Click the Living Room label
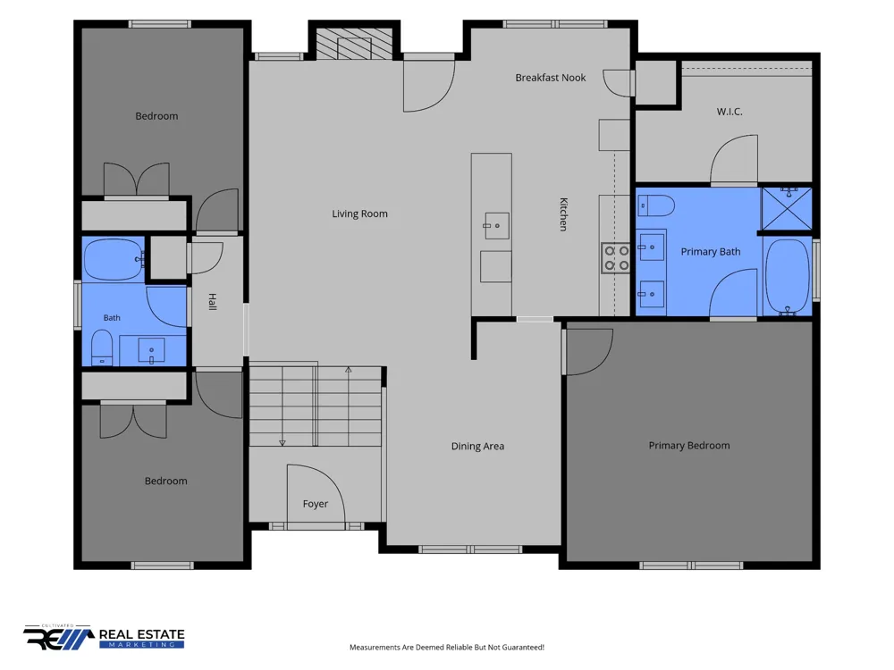pyautogui.click(x=359, y=214)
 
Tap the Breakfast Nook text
pyautogui.click(x=550, y=78)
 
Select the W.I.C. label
pyautogui.click(x=730, y=112)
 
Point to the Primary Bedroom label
pyautogui.click(x=688, y=446)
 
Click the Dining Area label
pyautogui.click(x=477, y=446)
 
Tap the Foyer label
pyautogui.click(x=316, y=504)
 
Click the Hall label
pyautogui.click(x=212, y=302)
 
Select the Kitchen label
pyautogui.click(x=563, y=214)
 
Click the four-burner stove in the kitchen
pyautogui.click(x=616, y=258)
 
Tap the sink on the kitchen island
pyautogui.click(x=496, y=226)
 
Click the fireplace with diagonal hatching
pyautogui.click(x=354, y=44)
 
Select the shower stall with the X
pyautogui.click(x=787, y=208)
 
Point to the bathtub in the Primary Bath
pyautogui.click(x=788, y=277)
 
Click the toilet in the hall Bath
pyautogui.click(x=102, y=348)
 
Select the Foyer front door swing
pyautogui.click(x=316, y=493)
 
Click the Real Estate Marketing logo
pyautogui.click(x=104, y=637)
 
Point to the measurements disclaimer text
pyautogui.click(x=447, y=647)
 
